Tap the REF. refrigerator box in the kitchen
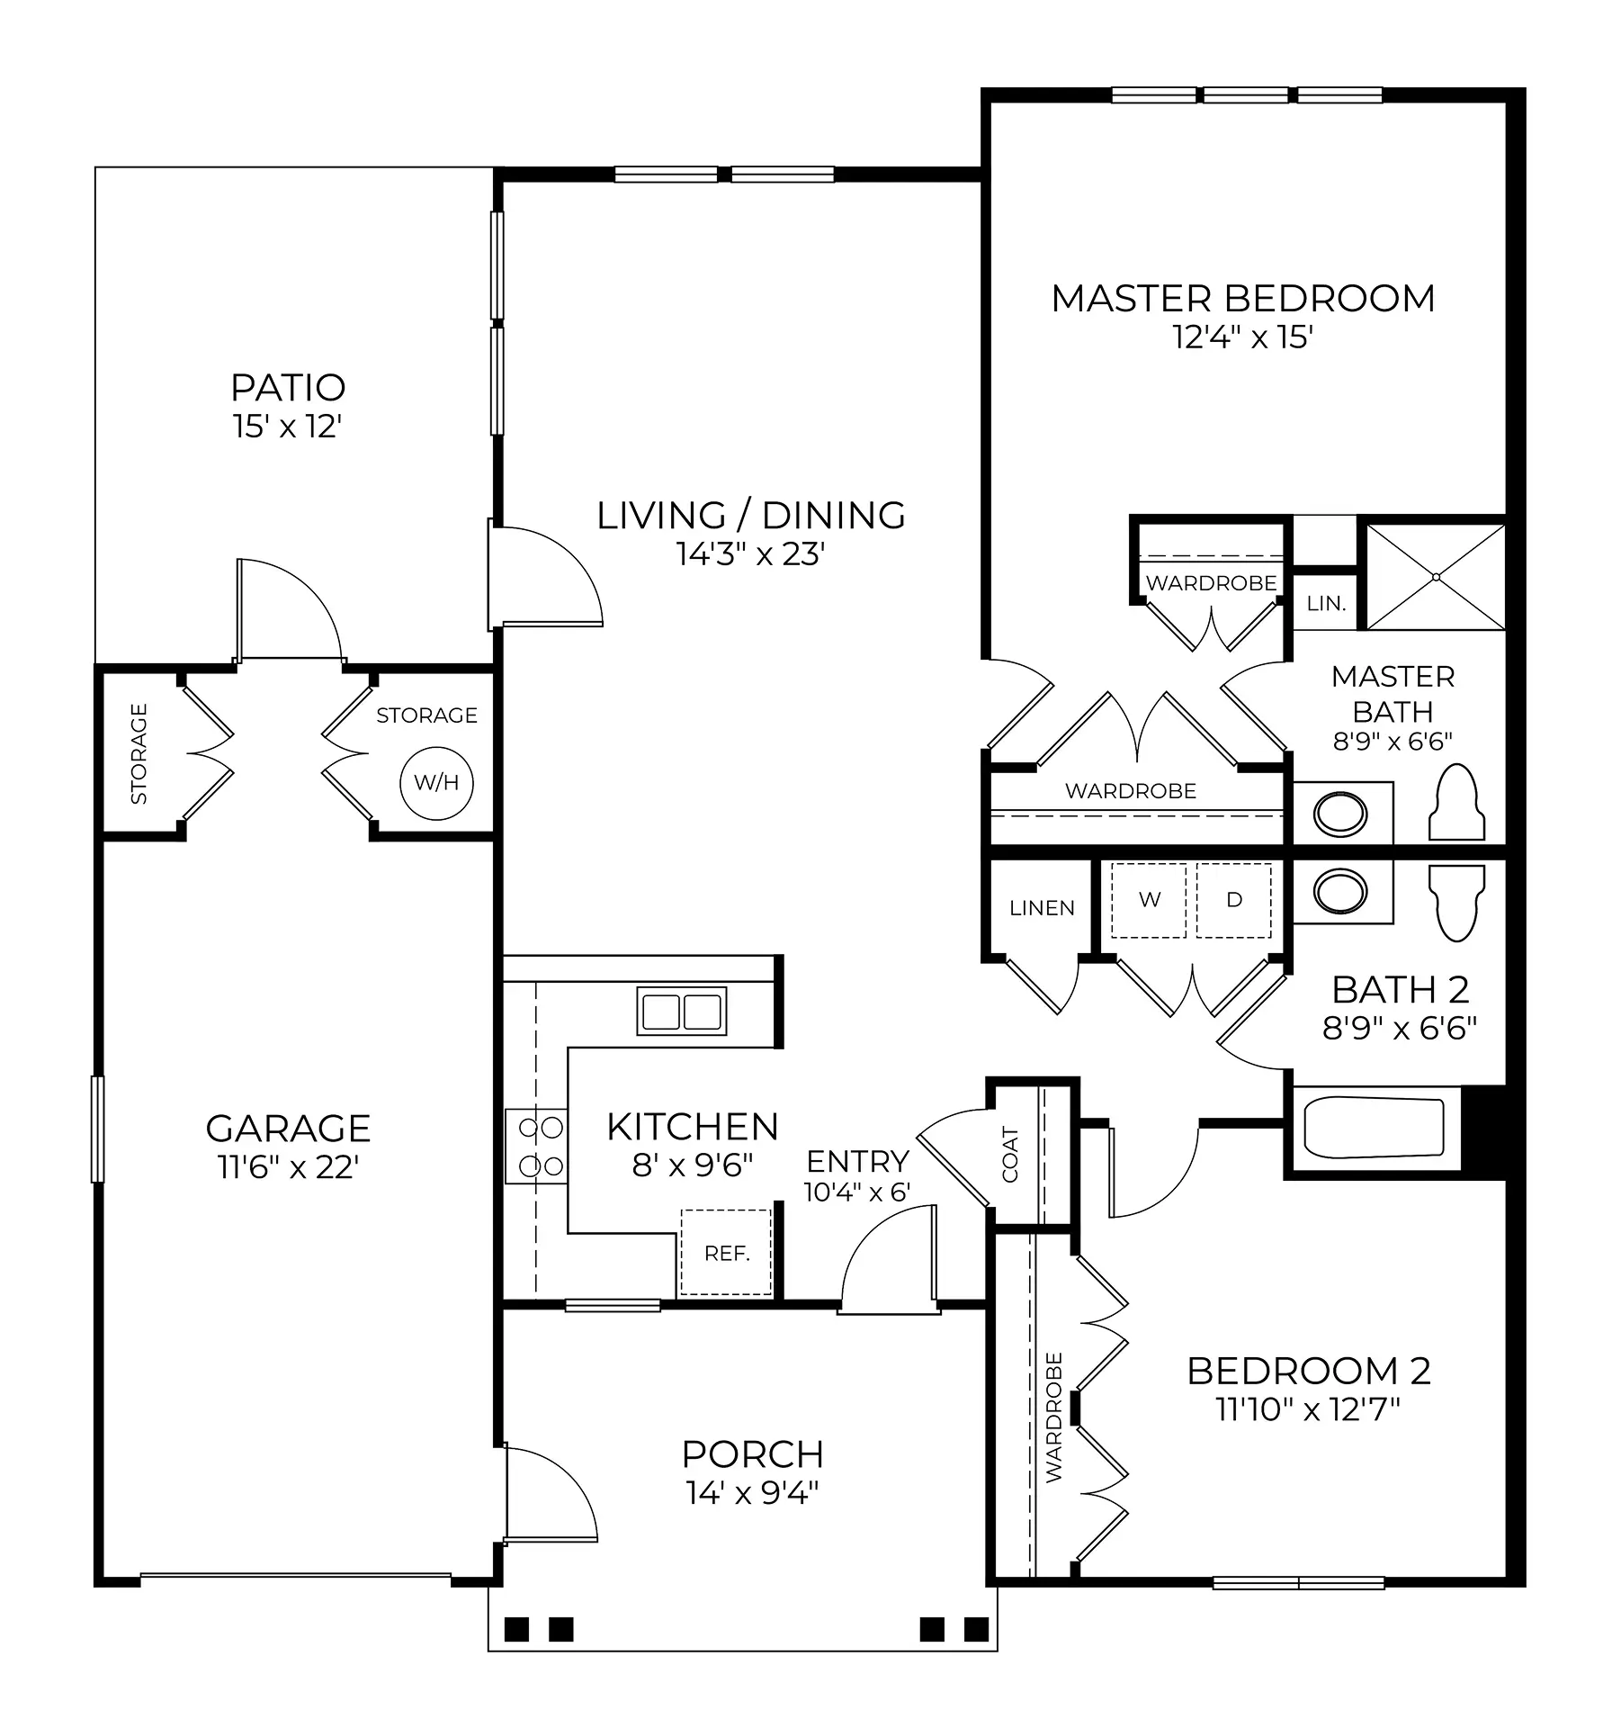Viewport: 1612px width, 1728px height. (726, 1252)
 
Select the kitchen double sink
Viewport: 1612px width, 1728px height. (682, 1011)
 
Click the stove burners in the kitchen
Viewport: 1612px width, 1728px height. (536, 1147)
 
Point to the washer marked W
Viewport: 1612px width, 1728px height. (1149, 900)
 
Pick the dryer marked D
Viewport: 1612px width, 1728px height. (1233, 900)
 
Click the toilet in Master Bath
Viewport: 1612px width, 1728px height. (1456, 803)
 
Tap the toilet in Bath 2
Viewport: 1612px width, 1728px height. (1456, 903)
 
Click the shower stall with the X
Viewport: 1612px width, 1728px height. (1436, 576)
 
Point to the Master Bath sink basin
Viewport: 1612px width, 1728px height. (1340, 814)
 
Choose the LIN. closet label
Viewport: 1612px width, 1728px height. (1326, 603)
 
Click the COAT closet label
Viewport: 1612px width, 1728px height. (1010, 1155)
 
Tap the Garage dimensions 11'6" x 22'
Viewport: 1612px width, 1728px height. (288, 1167)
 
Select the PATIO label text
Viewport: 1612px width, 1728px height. (288, 388)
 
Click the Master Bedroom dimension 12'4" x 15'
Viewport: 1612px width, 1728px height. (1243, 337)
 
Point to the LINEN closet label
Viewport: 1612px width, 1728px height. (1042, 908)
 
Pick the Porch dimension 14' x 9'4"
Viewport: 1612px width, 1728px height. (753, 1493)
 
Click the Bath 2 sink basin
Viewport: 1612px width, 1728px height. (1340, 891)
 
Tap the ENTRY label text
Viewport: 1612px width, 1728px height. (857, 1161)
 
